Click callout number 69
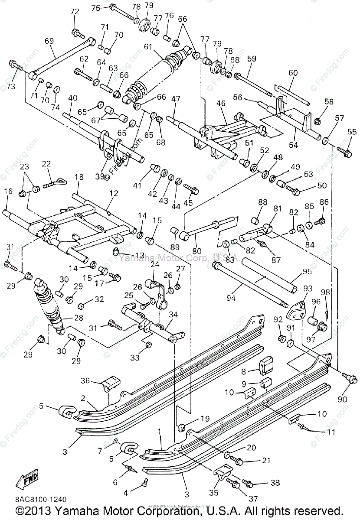49,41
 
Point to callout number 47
175,99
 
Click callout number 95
307,272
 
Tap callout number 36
85,380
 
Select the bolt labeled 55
345,152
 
